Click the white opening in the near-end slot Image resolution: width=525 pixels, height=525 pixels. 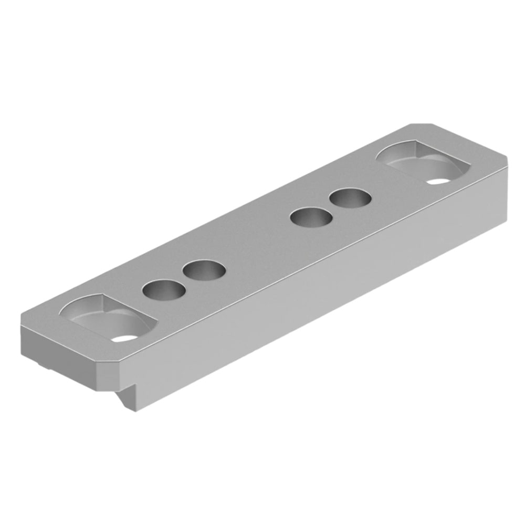(x=124, y=338)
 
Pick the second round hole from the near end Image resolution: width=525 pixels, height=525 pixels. (x=204, y=271)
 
